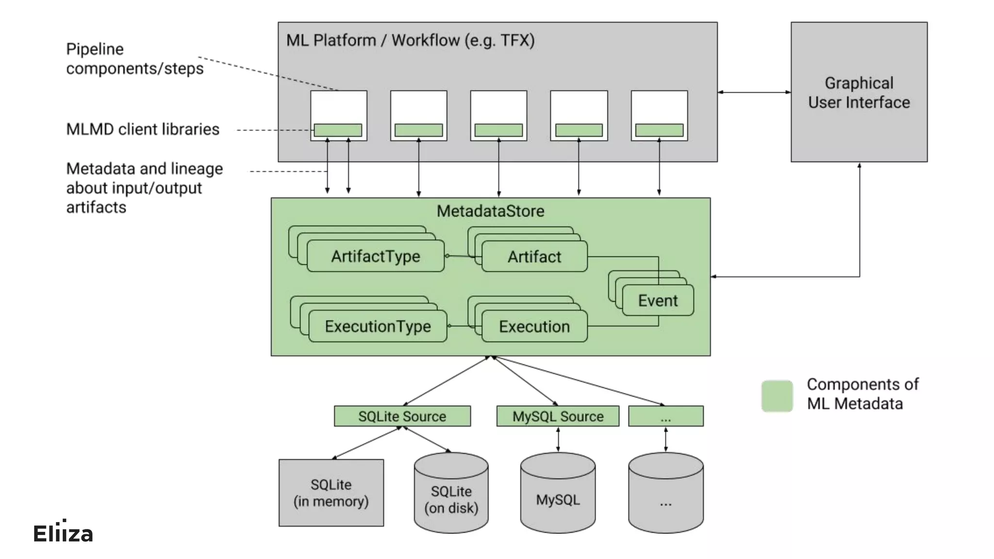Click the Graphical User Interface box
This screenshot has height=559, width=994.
click(x=859, y=92)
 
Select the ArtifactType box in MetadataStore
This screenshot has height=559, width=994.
click(x=376, y=256)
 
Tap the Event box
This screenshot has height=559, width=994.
click(x=658, y=301)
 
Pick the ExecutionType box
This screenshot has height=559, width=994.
click(x=378, y=327)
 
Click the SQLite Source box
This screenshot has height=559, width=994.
click(x=402, y=416)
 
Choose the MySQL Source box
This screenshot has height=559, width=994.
click(x=558, y=416)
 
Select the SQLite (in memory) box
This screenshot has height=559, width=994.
click(x=331, y=493)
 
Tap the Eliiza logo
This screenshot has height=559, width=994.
click(x=63, y=533)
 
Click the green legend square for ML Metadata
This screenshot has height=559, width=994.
click(x=777, y=396)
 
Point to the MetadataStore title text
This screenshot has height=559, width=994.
click(x=490, y=211)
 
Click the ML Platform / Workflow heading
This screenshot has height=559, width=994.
click(x=410, y=40)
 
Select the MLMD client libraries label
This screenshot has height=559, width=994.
click(x=143, y=130)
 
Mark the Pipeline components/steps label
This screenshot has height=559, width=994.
click(x=134, y=59)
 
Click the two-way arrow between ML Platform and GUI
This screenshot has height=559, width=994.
click(x=754, y=92)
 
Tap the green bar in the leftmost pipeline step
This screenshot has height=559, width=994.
click(x=338, y=130)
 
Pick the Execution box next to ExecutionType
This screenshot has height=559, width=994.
click(x=534, y=327)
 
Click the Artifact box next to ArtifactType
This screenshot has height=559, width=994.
click(x=534, y=257)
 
